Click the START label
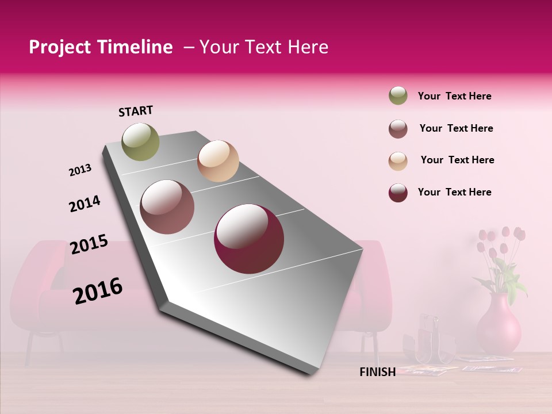[x=136, y=111]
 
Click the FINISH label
[x=377, y=372]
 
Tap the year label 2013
[x=80, y=170]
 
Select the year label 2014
[x=85, y=204]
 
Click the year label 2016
[x=98, y=291]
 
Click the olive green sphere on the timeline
[x=140, y=141]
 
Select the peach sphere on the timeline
[x=218, y=161]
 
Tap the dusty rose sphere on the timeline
[x=167, y=207]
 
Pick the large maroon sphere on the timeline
[x=249, y=239]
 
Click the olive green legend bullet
[x=398, y=95]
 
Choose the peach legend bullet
[x=398, y=160]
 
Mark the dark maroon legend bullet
[x=398, y=193]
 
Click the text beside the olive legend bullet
[x=454, y=96]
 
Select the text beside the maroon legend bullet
[x=454, y=192]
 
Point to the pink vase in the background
[x=499, y=325]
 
